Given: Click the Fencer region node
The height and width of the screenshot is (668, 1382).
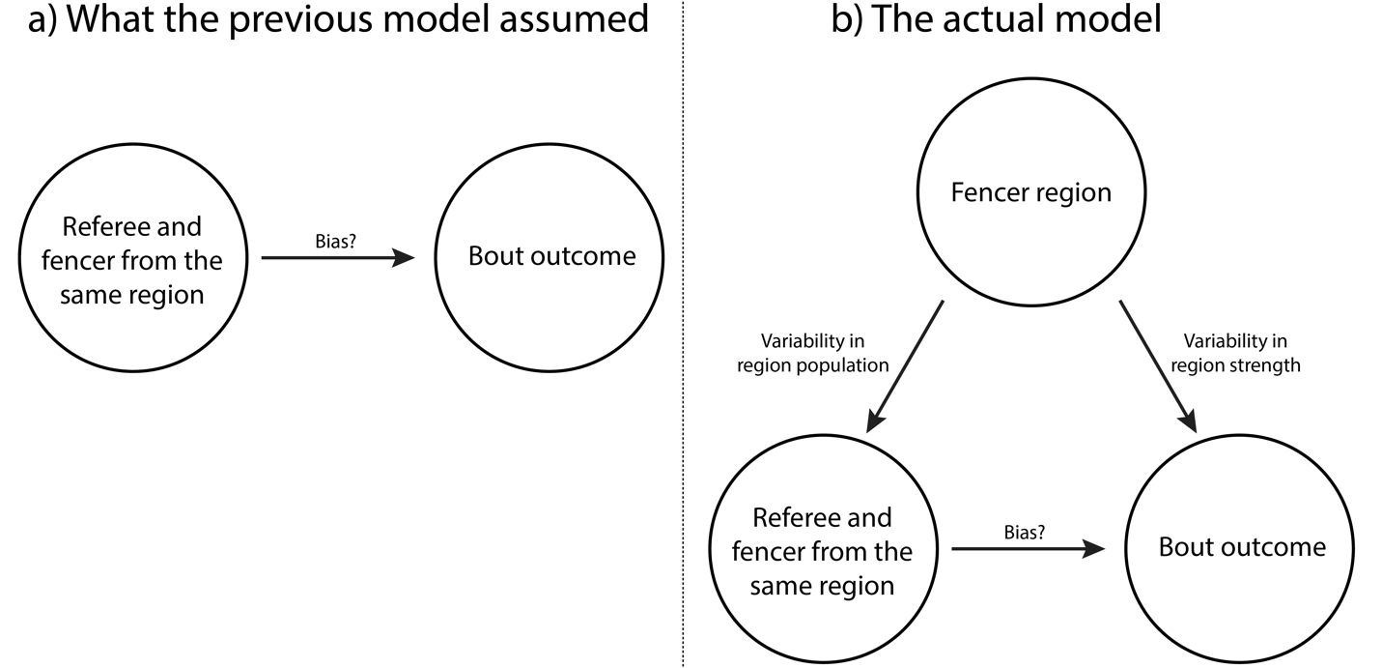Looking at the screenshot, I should click(1030, 192).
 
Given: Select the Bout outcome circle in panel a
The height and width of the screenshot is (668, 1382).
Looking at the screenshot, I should click(551, 256).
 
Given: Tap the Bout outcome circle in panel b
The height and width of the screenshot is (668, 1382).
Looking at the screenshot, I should click(1241, 548).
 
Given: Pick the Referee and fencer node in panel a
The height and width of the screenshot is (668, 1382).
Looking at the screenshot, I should click(132, 260).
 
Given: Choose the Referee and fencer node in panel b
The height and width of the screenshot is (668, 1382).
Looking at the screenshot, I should click(822, 552).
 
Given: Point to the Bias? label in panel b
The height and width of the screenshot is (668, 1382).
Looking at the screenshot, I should click(1026, 530).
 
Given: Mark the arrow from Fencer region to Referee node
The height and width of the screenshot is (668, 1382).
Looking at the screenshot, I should click(906, 364).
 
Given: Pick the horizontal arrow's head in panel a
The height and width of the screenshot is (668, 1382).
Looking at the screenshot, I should click(406, 258).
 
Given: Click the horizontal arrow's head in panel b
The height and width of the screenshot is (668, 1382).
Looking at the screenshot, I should click(1096, 549).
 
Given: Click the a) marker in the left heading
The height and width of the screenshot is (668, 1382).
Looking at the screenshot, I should click(42, 21).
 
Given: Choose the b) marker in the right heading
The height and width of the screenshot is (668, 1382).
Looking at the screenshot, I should click(846, 21).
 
